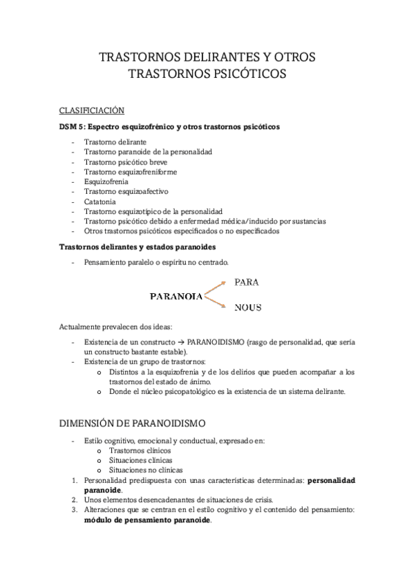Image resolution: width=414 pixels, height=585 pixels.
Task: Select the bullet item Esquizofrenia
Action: coord(107,181)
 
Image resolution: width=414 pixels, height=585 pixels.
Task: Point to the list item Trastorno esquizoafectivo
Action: coord(126,191)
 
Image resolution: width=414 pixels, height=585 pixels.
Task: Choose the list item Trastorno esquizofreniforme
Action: coord(129,171)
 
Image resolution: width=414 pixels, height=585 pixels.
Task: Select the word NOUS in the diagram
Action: coord(247,308)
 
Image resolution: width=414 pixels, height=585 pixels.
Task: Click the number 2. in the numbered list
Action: coord(75,499)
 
